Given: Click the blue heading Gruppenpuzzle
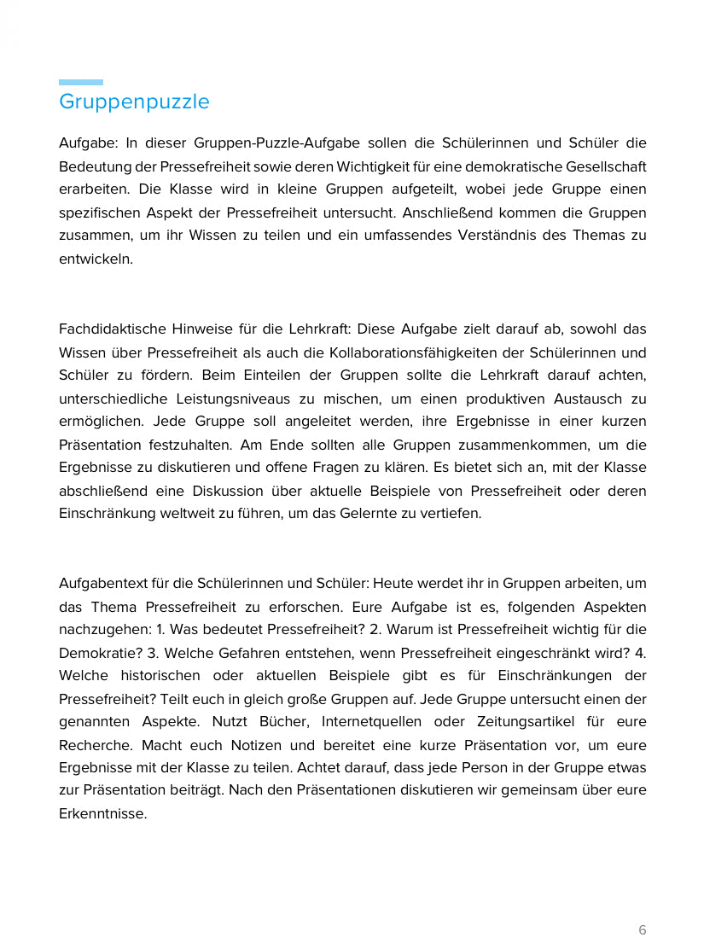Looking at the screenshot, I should coord(134,102).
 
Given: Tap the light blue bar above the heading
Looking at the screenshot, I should coord(81,83).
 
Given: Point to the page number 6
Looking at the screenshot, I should coord(643,929).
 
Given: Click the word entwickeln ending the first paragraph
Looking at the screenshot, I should coord(96,259).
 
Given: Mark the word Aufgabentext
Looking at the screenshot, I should coord(101,584).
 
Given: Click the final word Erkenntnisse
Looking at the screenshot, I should coord(102,813).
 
